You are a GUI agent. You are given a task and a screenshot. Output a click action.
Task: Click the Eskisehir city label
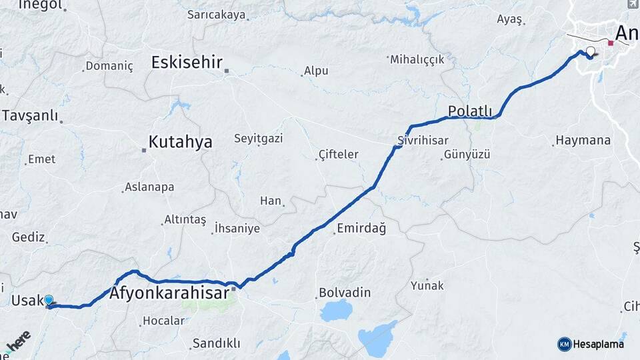point(187,63)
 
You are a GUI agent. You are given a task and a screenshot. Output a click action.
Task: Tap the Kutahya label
point(181,141)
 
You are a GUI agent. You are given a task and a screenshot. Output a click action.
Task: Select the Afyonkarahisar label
point(169,293)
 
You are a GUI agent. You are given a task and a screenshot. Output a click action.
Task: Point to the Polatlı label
point(469,111)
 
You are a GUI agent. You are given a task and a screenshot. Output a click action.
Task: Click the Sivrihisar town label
point(421,141)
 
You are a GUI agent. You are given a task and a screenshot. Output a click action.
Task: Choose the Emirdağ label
point(361,229)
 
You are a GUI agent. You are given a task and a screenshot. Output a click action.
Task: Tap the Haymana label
point(583,141)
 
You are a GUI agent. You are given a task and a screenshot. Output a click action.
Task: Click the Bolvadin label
point(345,293)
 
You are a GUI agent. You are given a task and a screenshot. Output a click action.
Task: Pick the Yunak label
point(427,285)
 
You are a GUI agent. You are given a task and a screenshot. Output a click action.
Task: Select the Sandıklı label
point(215,343)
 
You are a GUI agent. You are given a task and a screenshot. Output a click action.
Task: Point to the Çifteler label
point(337,155)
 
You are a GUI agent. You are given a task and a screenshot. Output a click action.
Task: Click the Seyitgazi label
point(258,139)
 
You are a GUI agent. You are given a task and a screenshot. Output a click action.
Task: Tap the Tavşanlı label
point(30,115)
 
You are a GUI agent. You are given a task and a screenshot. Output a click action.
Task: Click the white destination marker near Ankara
point(590,51)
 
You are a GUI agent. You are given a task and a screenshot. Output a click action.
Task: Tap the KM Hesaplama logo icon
point(564,344)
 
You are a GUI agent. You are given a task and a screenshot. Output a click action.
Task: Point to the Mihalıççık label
point(417,59)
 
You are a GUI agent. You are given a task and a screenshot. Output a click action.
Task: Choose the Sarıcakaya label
point(216,15)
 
